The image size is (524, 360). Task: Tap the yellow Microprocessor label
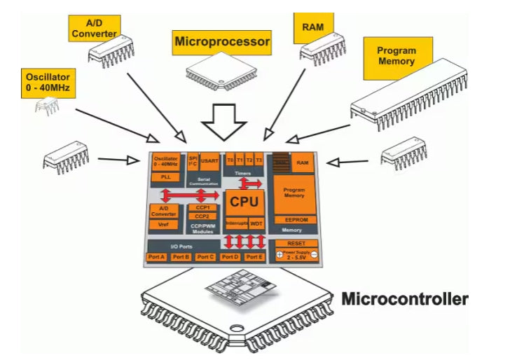click(x=221, y=42)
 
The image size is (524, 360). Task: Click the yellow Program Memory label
click(x=397, y=56)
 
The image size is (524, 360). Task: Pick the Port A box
click(x=157, y=257)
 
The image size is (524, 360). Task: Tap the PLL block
click(x=165, y=177)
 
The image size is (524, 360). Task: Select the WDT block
click(x=256, y=223)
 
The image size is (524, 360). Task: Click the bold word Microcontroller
click(x=404, y=300)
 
